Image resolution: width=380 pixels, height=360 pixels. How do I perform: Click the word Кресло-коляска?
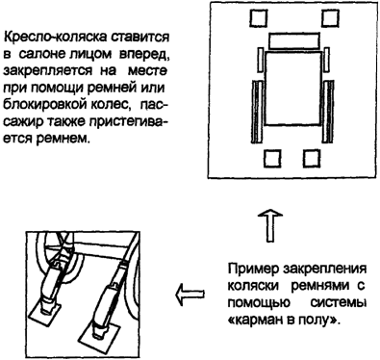(54, 37)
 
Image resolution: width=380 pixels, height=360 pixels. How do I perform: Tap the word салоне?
(42, 54)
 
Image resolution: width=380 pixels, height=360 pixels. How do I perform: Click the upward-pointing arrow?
(270, 225)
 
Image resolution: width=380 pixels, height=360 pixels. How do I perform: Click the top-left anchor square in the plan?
(259, 17)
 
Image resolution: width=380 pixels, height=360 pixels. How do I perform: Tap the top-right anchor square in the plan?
(330, 17)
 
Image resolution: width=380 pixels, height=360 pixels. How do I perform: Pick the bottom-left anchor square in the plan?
(273, 159)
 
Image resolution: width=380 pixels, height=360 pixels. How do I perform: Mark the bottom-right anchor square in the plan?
(312, 159)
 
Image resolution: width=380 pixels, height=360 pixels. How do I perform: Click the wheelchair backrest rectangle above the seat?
(294, 40)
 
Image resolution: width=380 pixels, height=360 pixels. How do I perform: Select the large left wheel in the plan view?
(258, 112)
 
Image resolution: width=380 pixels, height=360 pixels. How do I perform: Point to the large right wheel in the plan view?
(328, 112)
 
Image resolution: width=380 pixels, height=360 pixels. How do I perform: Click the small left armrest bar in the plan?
(261, 60)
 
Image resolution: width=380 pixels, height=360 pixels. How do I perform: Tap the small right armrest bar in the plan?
(327, 60)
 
